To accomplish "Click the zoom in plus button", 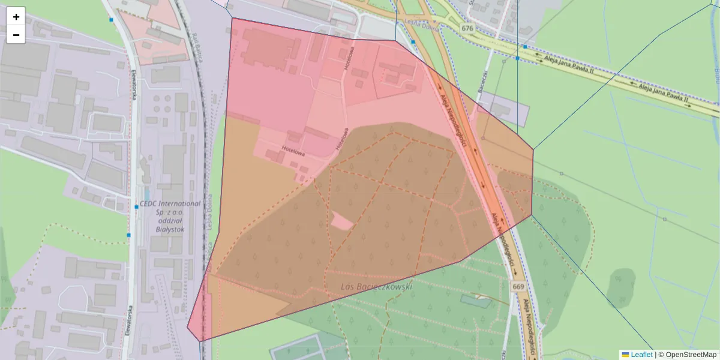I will point(16,17).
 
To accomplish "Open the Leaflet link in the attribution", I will point(641,355).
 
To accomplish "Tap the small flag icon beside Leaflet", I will point(625,355).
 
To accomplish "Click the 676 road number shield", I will point(468,28).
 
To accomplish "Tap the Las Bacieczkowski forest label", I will point(376,287).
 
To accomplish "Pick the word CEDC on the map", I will point(149,203).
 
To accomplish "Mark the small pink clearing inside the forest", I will point(342,222).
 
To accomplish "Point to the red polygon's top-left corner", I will point(232,18).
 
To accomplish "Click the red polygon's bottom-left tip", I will point(188,328).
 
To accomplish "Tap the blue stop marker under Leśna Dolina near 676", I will point(413,42).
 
